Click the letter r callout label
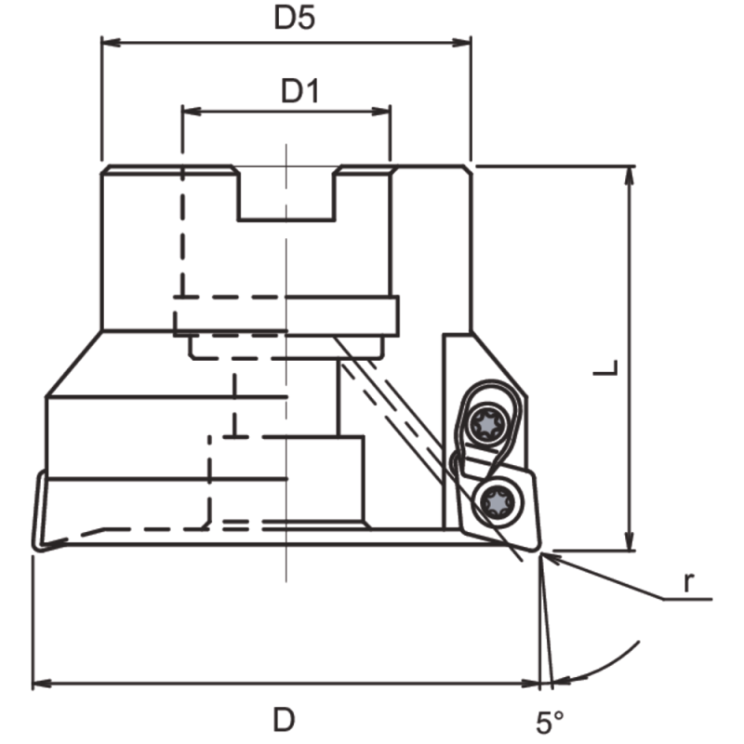click(687, 583)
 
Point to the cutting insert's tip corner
click(538, 554)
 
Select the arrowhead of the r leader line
click(547, 557)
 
